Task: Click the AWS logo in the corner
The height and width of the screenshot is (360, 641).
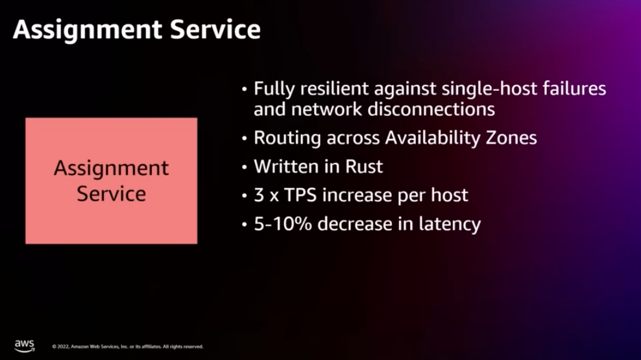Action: [x=25, y=345]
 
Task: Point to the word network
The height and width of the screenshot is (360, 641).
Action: [x=327, y=109]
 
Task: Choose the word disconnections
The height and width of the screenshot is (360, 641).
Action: [x=431, y=109]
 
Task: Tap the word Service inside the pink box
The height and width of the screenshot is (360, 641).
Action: [x=111, y=193]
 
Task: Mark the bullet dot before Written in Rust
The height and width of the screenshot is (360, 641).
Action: [x=244, y=167]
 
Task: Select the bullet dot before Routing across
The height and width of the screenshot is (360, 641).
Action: [x=244, y=139]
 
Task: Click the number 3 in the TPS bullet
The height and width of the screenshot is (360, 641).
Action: [x=259, y=195]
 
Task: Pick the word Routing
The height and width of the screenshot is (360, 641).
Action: [x=283, y=139]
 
